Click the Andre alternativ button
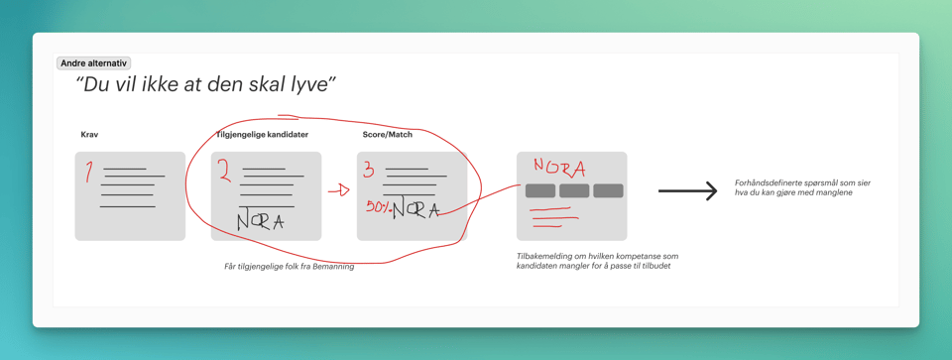[94, 63]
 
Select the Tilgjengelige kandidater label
[262, 135]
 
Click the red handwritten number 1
[88, 172]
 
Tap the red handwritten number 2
[225, 172]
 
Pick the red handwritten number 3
[369, 170]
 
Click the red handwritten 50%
[378, 207]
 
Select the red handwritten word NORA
[559, 167]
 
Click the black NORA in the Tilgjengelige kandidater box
[260, 220]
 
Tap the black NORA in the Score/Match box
[416, 210]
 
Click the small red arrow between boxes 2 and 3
[339, 191]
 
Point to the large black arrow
[688, 191]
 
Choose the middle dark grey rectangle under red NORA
[574, 190]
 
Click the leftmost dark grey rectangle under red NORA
[540, 190]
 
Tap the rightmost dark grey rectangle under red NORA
[608, 190]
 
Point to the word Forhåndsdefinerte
[763, 182]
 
